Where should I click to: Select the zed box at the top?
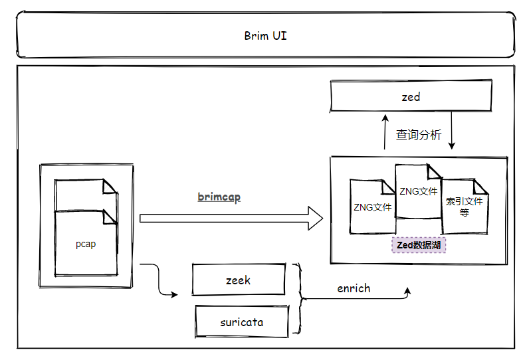click(x=411, y=97)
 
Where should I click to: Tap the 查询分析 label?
click(x=418, y=135)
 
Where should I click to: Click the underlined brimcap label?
click(x=219, y=197)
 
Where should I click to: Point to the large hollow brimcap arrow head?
click(x=313, y=218)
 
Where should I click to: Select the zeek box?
click(x=238, y=280)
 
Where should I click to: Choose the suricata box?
click(x=241, y=322)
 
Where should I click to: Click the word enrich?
click(x=354, y=288)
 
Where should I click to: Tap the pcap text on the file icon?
click(x=86, y=244)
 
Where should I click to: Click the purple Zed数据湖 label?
click(x=419, y=245)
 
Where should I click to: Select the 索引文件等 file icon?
click(x=465, y=207)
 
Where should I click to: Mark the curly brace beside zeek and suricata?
click(x=300, y=298)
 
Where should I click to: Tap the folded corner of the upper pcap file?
click(x=110, y=187)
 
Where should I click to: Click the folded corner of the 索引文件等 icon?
click(x=481, y=187)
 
